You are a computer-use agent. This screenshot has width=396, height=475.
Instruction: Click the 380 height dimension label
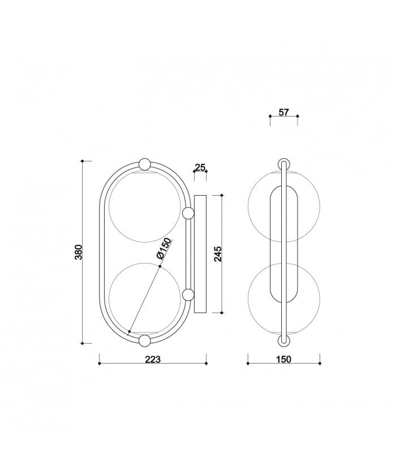pyautogui.click(x=79, y=252)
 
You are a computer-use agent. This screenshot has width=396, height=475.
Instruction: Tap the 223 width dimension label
pyautogui.click(x=152, y=360)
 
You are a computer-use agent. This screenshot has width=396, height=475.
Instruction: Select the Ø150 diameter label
pyautogui.click(x=165, y=249)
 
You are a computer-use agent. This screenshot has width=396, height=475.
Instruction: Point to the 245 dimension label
pyautogui.click(x=218, y=254)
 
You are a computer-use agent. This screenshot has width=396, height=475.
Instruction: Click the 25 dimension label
pyautogui.click(x=200, y=167)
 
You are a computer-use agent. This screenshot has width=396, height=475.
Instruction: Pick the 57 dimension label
pyautogui.click(x=283, y=113)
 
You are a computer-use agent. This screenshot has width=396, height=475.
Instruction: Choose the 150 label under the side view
pyautogui.click(x=283, y=360)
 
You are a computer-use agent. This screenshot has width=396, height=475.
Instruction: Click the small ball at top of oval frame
pyautogui.click(x=144, y=164)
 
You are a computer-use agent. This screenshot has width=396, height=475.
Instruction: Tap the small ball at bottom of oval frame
pyautogui.click(x=144, y=340)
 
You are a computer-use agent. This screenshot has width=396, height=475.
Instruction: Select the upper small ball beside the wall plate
pyautogui.click(x=188, y=214)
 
